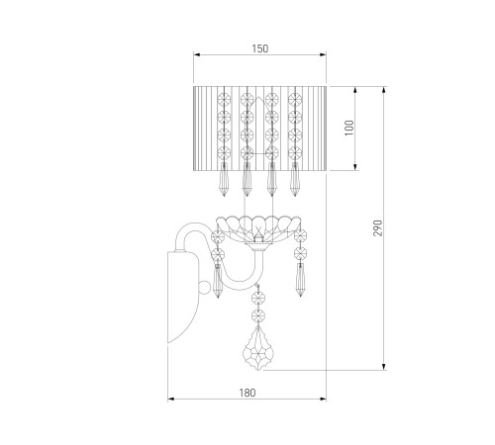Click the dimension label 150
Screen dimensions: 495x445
(260, 48)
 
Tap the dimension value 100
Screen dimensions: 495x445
(349, 128)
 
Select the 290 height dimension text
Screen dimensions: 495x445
(378, 227)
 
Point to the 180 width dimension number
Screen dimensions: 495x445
(247, 393)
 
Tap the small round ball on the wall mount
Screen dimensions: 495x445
(204, 288)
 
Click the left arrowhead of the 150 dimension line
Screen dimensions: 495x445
(197, 54)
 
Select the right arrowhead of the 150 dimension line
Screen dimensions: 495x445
(323, 54)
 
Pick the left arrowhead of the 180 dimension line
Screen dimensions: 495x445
(171, 400)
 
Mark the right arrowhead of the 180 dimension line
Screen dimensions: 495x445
(323, 400)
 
